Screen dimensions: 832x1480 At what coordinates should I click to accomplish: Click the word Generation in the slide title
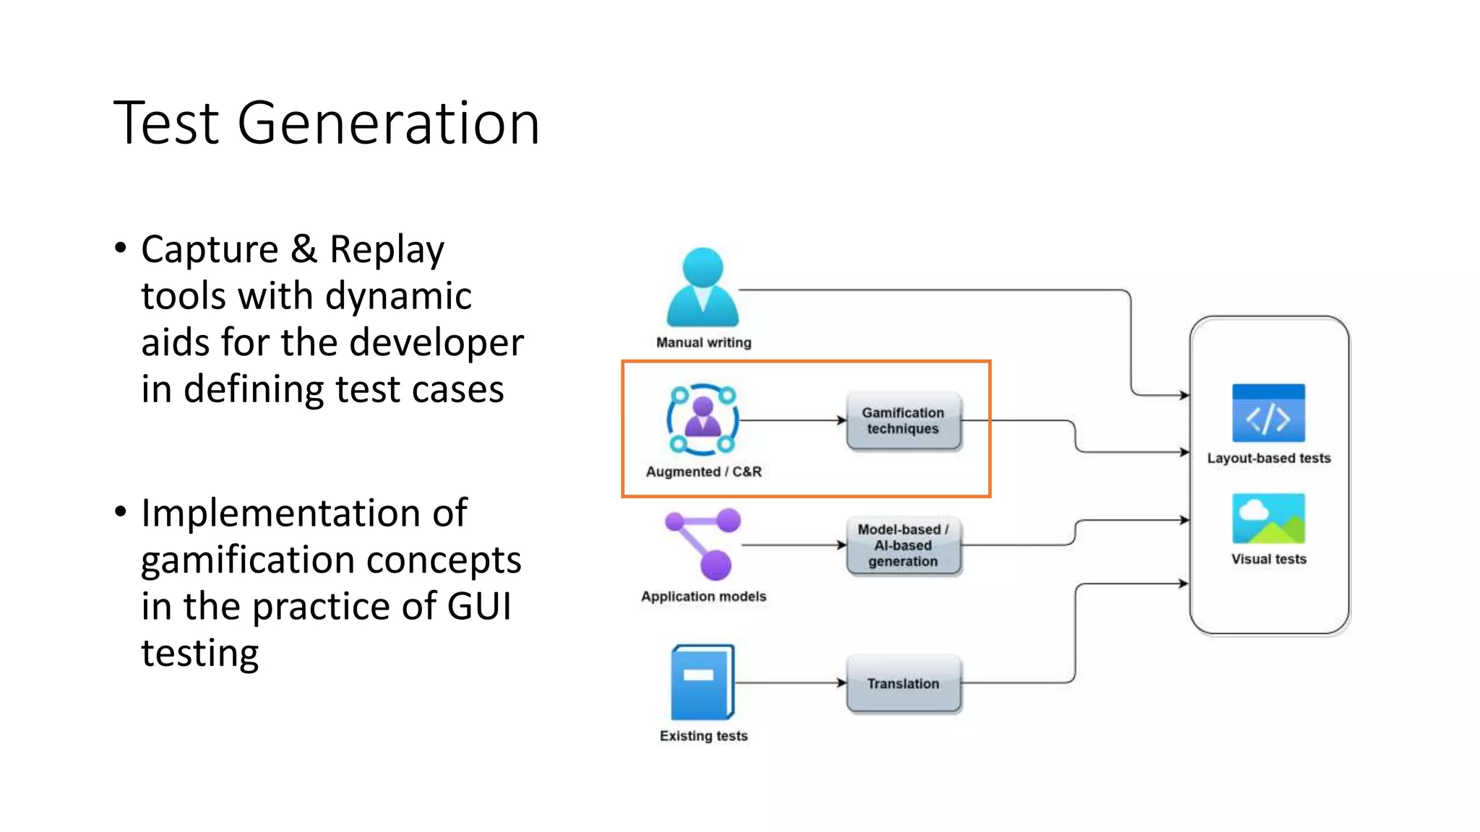pos(388,124)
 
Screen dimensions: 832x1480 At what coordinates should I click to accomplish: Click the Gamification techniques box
pos(903,421)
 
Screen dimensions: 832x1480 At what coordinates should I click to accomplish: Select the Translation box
pos(903,683)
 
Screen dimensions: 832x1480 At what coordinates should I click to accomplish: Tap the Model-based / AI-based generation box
pos(903,545)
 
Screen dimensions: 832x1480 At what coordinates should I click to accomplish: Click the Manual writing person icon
pos(702,287)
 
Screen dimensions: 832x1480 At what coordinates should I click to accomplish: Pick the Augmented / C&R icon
pos(702,420)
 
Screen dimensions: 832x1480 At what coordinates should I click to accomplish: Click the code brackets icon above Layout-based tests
pos(1268,413)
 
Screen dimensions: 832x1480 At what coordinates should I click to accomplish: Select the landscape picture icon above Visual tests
pos(1268,518)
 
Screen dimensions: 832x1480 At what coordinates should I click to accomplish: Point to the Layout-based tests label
pos(1268,458)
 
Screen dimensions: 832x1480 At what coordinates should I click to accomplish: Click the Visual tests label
pos(1268,559)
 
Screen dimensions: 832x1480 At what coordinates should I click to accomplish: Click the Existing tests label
pos(703,736)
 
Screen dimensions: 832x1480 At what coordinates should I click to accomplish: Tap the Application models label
pos(703,597)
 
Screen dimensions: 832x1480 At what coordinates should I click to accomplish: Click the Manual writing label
pos(703,342)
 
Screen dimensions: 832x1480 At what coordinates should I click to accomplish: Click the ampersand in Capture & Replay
pos(304,249)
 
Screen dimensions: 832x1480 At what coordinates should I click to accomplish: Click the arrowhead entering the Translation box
pos(842,682)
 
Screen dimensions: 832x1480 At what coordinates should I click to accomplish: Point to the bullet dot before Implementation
pos(121,512)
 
